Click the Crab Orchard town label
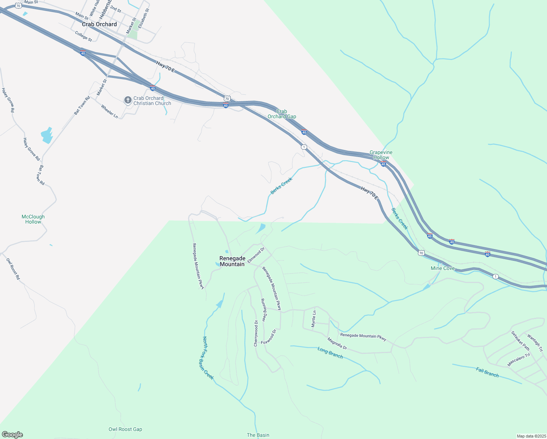coord(99,24)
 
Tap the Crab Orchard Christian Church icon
coord(128,100)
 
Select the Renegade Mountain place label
coord(232,261)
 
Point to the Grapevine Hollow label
coord(381,155)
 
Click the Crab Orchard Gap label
coord(282,114)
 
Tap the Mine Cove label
coord(442,268)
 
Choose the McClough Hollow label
coord(33,219)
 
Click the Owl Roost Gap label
coord(125,429)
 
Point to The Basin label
coord(258,435)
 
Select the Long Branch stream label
coord(330,353)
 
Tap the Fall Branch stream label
coord(487,372)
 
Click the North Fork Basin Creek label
coord(208,358)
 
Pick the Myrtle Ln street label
coord(314,319)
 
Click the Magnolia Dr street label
coord(337,344)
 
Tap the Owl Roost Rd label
coord(13,269)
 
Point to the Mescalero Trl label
coord(518,360)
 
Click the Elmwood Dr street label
coord(256,255)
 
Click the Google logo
coord(12,435)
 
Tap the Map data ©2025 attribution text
coord(531,436)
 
